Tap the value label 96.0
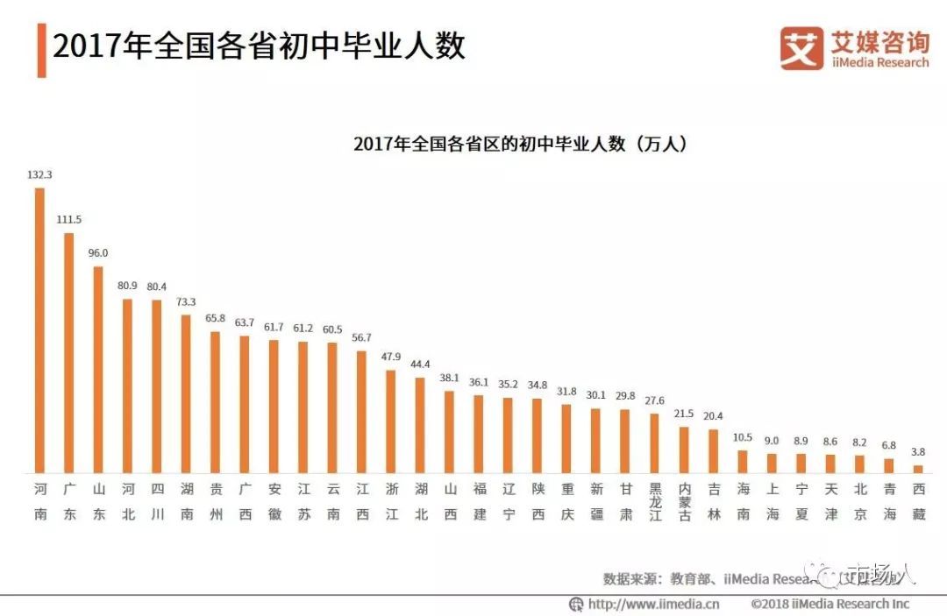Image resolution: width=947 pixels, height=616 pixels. pos(98,252)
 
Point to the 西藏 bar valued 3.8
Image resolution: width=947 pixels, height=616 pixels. pos(918,469)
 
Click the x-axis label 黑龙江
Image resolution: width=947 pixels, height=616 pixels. pos(655,502)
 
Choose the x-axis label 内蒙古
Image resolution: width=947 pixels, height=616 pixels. pos(684,502)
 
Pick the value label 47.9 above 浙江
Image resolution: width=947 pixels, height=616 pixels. pos(391,357)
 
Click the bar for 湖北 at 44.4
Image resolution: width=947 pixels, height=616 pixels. pos(420,425)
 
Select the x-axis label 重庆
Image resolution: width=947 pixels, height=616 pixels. pos(567,501)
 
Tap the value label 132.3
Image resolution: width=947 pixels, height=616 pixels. pos(39,174)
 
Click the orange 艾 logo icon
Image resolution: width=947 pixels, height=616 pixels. pos(801,47)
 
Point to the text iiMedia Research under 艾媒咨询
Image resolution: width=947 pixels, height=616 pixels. pos(879,62)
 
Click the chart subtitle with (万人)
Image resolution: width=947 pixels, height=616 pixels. pos(519,144)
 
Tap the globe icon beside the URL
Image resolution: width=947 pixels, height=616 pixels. pos(576,604)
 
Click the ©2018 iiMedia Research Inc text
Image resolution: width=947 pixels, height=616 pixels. pos(830,604)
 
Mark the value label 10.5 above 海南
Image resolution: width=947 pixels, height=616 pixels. pos(743,437)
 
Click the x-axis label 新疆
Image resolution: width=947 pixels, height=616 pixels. pos(596,501)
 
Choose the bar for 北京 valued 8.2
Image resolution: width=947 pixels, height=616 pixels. pos(860,464)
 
